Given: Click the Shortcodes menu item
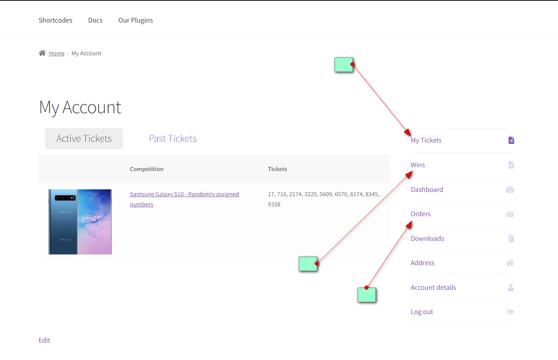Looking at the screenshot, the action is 55,20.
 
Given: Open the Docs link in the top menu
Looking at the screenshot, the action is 95,20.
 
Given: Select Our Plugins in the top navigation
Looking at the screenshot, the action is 135,20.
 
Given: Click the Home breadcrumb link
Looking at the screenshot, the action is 57,53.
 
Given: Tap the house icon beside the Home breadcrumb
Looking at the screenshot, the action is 42,53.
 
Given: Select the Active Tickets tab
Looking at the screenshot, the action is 84,139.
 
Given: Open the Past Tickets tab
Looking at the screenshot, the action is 173,139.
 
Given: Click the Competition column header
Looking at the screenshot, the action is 146,169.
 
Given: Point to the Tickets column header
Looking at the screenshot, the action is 277,169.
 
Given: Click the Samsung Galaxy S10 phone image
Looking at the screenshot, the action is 80,222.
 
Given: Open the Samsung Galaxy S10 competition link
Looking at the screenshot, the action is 184,199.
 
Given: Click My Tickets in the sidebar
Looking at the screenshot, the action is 426,140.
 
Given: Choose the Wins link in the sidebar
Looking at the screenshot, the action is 418,165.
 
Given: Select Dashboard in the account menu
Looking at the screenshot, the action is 427,190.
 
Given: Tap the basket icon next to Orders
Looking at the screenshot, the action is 510,214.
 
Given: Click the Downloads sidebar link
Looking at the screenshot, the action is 427,238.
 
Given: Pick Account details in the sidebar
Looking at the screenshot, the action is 433,288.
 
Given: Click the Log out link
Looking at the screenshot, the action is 422,312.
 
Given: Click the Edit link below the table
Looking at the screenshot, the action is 44,340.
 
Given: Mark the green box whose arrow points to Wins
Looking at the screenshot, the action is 308,264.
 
